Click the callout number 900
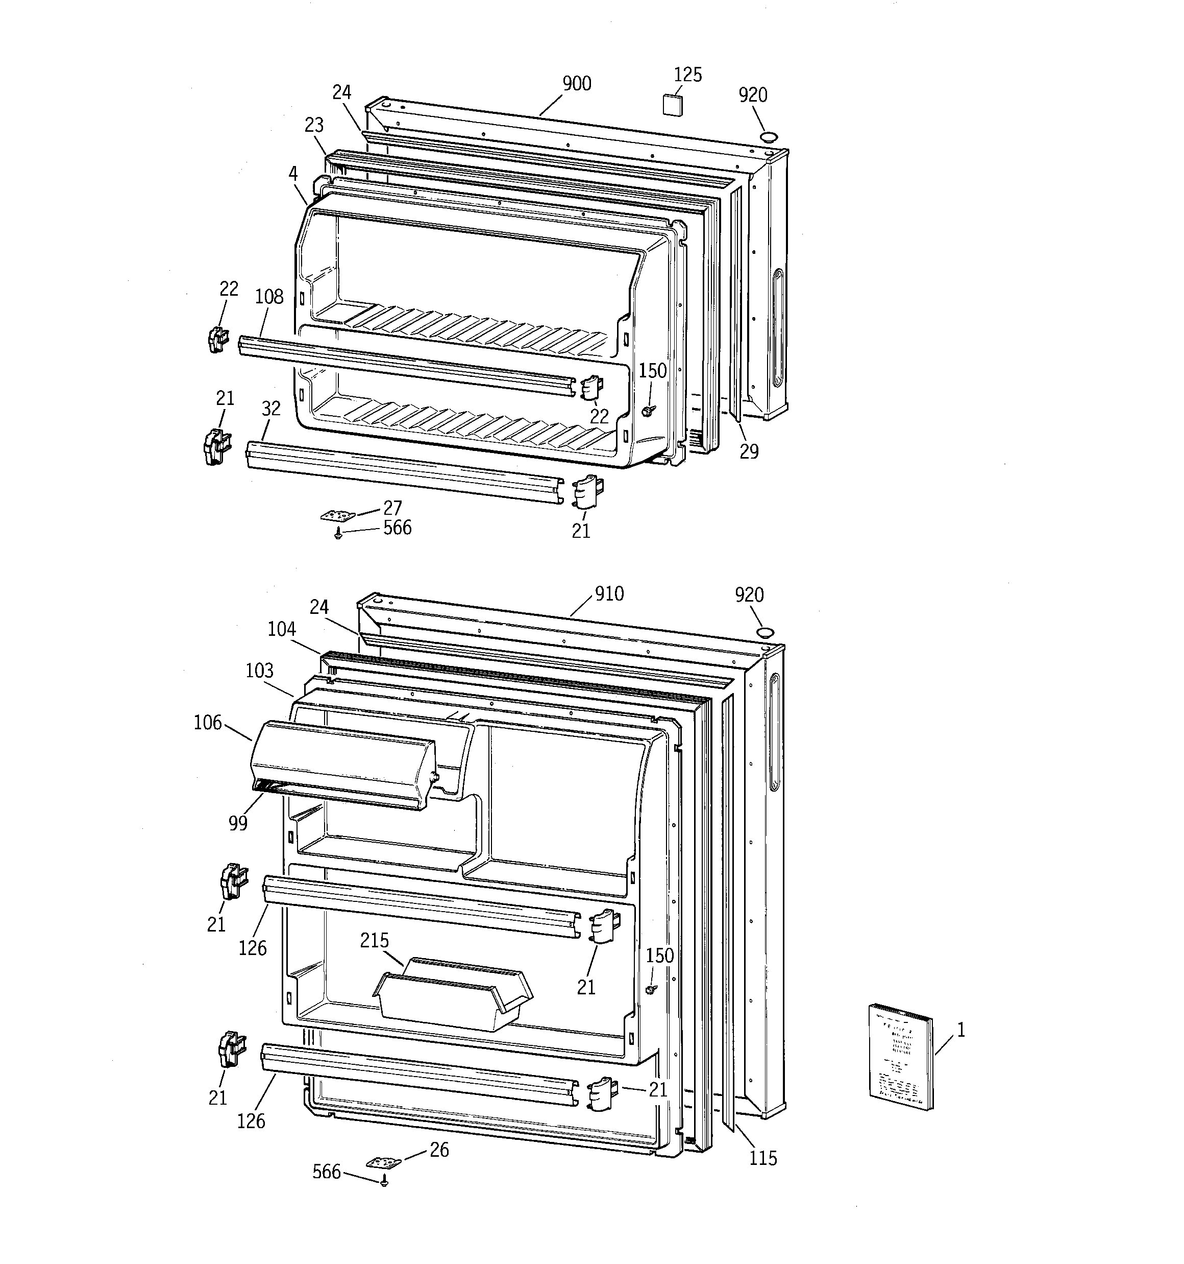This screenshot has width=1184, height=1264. click(576, 84)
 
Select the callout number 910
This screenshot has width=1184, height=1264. click(609, 594)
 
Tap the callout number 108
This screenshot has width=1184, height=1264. click(269, 297)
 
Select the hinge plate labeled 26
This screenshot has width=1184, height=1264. click(384, 1162)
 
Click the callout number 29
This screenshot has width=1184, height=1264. click(749, 451)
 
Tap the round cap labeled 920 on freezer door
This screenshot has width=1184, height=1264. click(769, 137)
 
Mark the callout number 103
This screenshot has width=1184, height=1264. click(259, 671)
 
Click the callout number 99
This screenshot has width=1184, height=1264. click(238, 823)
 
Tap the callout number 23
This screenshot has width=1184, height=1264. click(313, 125)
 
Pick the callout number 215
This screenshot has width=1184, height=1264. click(374, 940)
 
